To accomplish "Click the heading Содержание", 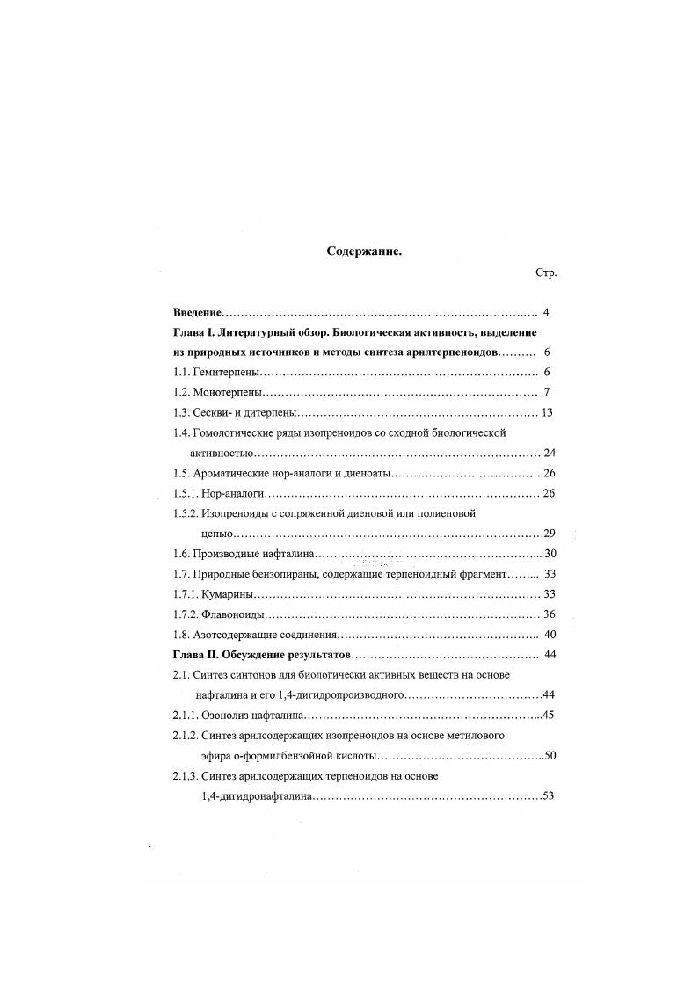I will pos(364,251).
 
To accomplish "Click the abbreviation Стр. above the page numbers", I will pos(546,273).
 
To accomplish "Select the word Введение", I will pos(198,313).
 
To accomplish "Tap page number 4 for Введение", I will pos(547,313).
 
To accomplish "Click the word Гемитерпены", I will pos(230,373).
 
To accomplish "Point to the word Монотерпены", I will pos(230,393).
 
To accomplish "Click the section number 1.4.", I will pos(181,432).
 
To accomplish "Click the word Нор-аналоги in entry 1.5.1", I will pos(233,493).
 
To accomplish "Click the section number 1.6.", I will pos(181,554).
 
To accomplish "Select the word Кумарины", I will pos(228,594).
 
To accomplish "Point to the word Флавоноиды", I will pos(233,614).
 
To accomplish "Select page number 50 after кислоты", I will pos(550,755).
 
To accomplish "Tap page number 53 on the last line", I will pos(550,795).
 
